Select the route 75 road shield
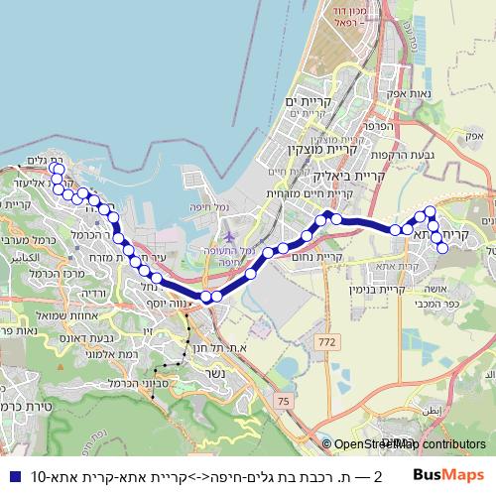[x=286, y=400]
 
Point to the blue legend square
[x=13, y=474]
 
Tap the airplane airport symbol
[x=230, y=238]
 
